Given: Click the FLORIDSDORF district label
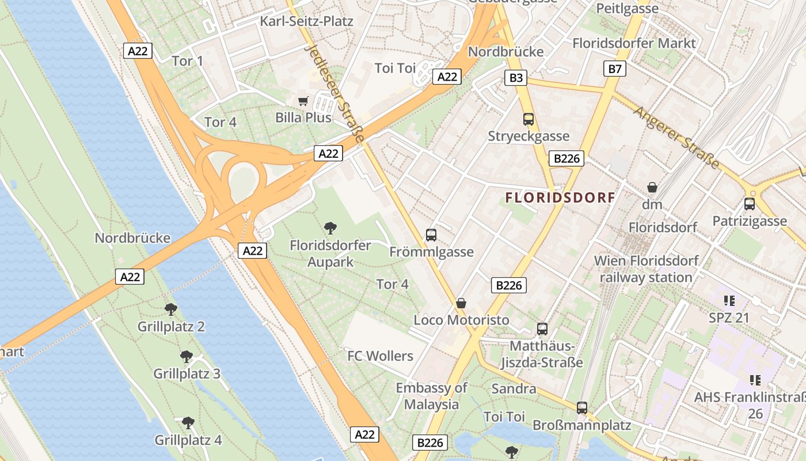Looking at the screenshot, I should pos(560,198).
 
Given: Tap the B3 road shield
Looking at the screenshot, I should pos(516,77).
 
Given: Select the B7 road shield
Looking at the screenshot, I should pos(615,69).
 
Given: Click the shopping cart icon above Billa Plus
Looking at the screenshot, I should pos(303,101).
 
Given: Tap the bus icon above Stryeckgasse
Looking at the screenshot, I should pos(529,119).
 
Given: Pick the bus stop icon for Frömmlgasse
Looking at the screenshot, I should pos(431,235).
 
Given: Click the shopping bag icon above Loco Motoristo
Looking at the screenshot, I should pos(461,303).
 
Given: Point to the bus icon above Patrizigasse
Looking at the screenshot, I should pos(750,204).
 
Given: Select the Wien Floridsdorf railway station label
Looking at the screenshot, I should pos(646,269).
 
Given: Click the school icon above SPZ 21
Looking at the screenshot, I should pos(729,300).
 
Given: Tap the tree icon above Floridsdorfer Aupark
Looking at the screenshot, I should pos(330,228).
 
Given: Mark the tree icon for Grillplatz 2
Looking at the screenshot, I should pos(171,309).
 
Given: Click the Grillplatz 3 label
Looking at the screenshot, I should pos(187,373).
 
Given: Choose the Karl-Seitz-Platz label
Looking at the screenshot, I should pos(306,21).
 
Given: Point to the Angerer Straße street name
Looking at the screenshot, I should pos(676,137).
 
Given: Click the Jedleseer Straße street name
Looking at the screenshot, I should pos(334,94).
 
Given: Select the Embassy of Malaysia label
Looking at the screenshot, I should pos(431,396).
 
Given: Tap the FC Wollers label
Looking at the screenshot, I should pos(380,356).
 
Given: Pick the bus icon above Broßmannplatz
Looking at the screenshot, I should pos(582,408).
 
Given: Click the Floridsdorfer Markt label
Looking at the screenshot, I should pos(634,43).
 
